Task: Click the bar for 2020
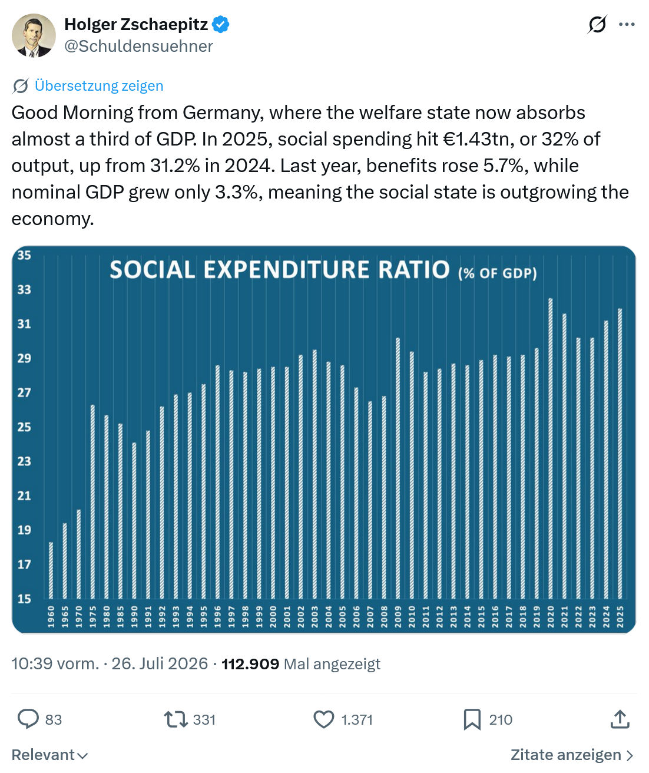point(550,448)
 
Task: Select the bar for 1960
point(51,570)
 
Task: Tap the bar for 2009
point(398,468)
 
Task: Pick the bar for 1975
point(92,501)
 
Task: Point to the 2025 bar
point(620,454)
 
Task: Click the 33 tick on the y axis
point(24,289)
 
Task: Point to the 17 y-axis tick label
point(24,564)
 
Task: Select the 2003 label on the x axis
point(314,617)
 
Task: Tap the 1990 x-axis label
point(134,617)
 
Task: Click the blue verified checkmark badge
point(220,24)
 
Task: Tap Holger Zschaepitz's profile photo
point(34,35)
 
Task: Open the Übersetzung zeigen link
point(99,86)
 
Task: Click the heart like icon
point(324,720)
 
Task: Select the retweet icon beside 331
point(176,720)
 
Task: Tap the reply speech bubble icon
point(28,719)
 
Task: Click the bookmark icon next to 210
point(472,720)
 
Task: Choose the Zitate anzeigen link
point(572,755)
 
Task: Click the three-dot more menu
point(627,24)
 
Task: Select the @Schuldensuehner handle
point(139,47)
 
